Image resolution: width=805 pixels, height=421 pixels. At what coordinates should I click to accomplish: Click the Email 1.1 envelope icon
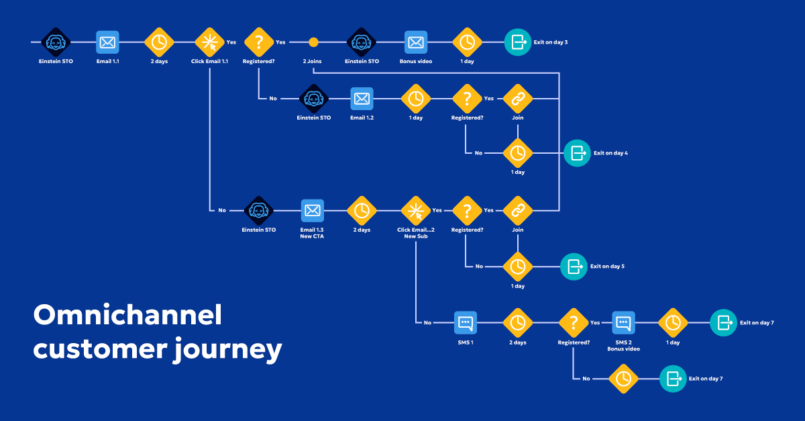coord(107,42)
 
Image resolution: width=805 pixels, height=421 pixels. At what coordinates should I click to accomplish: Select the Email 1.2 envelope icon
coord(362,99)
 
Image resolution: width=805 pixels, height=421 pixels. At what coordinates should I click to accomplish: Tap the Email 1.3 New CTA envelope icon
coord(312,210)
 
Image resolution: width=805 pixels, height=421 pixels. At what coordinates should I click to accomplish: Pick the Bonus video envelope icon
coord(416,42)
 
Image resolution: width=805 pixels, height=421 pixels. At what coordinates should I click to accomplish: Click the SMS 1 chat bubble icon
coord(466,323)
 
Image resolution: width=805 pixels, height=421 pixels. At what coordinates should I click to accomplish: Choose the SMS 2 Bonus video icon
coord(623,323)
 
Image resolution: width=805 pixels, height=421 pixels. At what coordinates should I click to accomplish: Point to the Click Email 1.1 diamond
coord(209,42)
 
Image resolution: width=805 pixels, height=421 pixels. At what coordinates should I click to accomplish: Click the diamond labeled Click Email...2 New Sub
coord(416,210)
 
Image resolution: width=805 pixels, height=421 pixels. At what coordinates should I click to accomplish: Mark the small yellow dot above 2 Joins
coord(313,42)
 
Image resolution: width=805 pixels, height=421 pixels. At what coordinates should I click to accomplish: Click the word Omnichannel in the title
coord(127,315)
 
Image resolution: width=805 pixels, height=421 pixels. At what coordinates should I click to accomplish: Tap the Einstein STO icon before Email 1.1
coord(56,42)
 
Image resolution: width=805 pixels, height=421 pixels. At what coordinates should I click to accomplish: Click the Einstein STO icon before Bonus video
coord(362,42)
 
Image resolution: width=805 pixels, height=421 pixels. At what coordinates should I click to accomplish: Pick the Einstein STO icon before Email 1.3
coord(258,210)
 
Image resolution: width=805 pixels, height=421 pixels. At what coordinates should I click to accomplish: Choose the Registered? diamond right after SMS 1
coord(574,323)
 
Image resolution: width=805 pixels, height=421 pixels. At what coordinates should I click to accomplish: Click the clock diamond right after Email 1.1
coord(159,42)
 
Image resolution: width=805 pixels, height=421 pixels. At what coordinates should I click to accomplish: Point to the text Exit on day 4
coord(610,153)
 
